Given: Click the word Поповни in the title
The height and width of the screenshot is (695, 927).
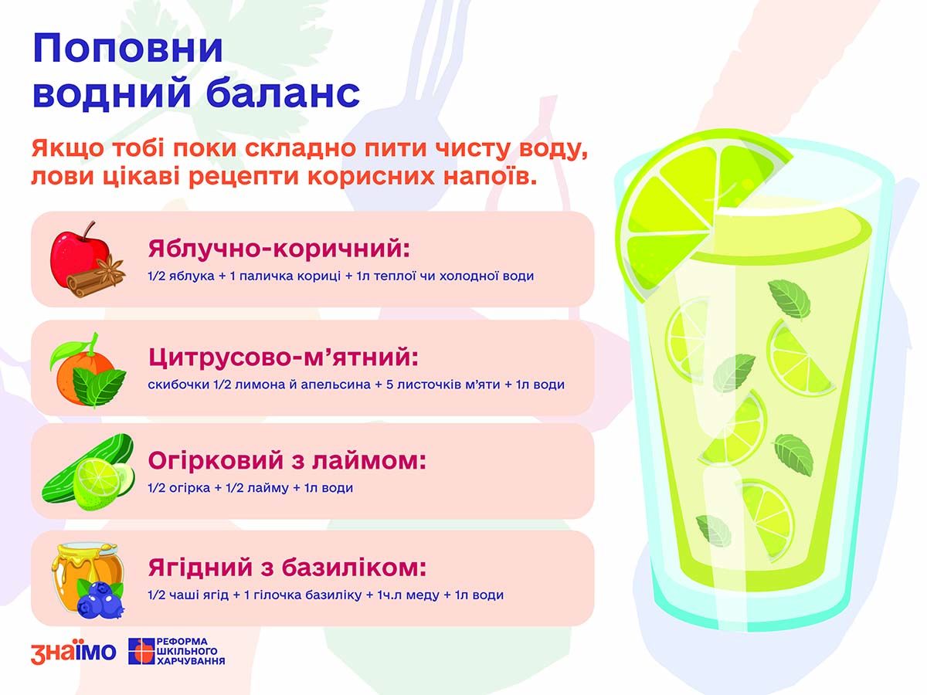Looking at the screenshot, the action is tap(127, 49).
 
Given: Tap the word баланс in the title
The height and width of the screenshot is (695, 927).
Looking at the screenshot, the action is tap(283, 93).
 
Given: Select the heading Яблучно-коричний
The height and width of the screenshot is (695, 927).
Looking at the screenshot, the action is tap(279, 248).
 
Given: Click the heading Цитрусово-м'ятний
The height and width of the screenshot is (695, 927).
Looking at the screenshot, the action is tap(284, 357).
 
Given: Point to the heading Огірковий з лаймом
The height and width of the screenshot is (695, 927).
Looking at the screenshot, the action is tap(287, 460).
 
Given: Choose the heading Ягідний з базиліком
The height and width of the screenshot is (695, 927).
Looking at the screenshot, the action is tap(287, 568).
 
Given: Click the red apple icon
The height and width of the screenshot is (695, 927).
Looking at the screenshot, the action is tap(78, 256).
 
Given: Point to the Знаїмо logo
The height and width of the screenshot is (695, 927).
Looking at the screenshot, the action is tap(73, 653).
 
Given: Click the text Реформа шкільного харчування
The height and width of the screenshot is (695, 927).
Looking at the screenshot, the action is tap(191, 652).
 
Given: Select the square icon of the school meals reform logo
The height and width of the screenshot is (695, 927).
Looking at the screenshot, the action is tap(141, 652).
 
